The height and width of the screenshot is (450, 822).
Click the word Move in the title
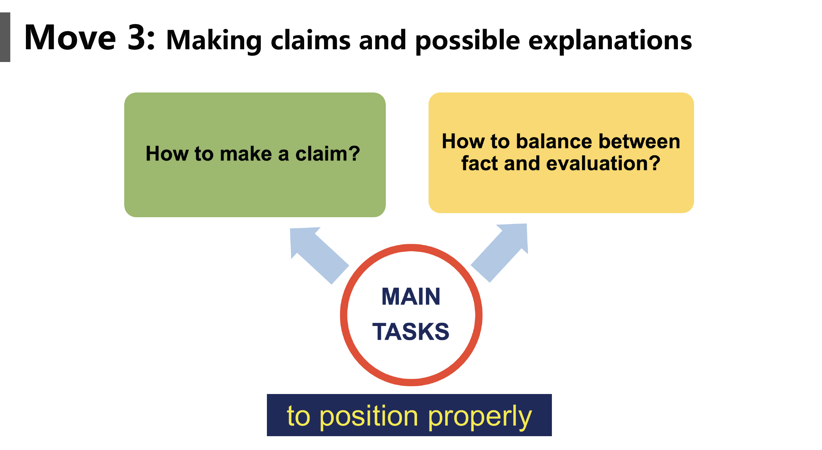tap(70, 37)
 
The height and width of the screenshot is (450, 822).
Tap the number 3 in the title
tap(137, 37)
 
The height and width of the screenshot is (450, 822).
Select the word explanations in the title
tap(610, 41)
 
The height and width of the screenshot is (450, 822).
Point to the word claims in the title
tap(311, 40)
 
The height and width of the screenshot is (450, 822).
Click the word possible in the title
tap(467, 41)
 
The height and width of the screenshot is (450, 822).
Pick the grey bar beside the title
tap(5, 37)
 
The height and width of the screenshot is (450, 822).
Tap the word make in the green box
tap(246, 154)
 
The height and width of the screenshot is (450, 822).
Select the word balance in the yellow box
tap(554, 141)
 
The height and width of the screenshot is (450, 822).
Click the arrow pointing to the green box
tap(319, 255)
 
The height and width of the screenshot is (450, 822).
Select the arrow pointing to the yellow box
tap(499, 253)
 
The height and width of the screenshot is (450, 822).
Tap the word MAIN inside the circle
tap(411, 297)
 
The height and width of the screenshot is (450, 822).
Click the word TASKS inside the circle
tap(411, 332)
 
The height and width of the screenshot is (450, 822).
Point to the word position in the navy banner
tap(369, 417)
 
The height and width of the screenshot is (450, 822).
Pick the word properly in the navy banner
tap(480, 417)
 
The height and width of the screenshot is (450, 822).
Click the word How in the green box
tap(167, 154)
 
